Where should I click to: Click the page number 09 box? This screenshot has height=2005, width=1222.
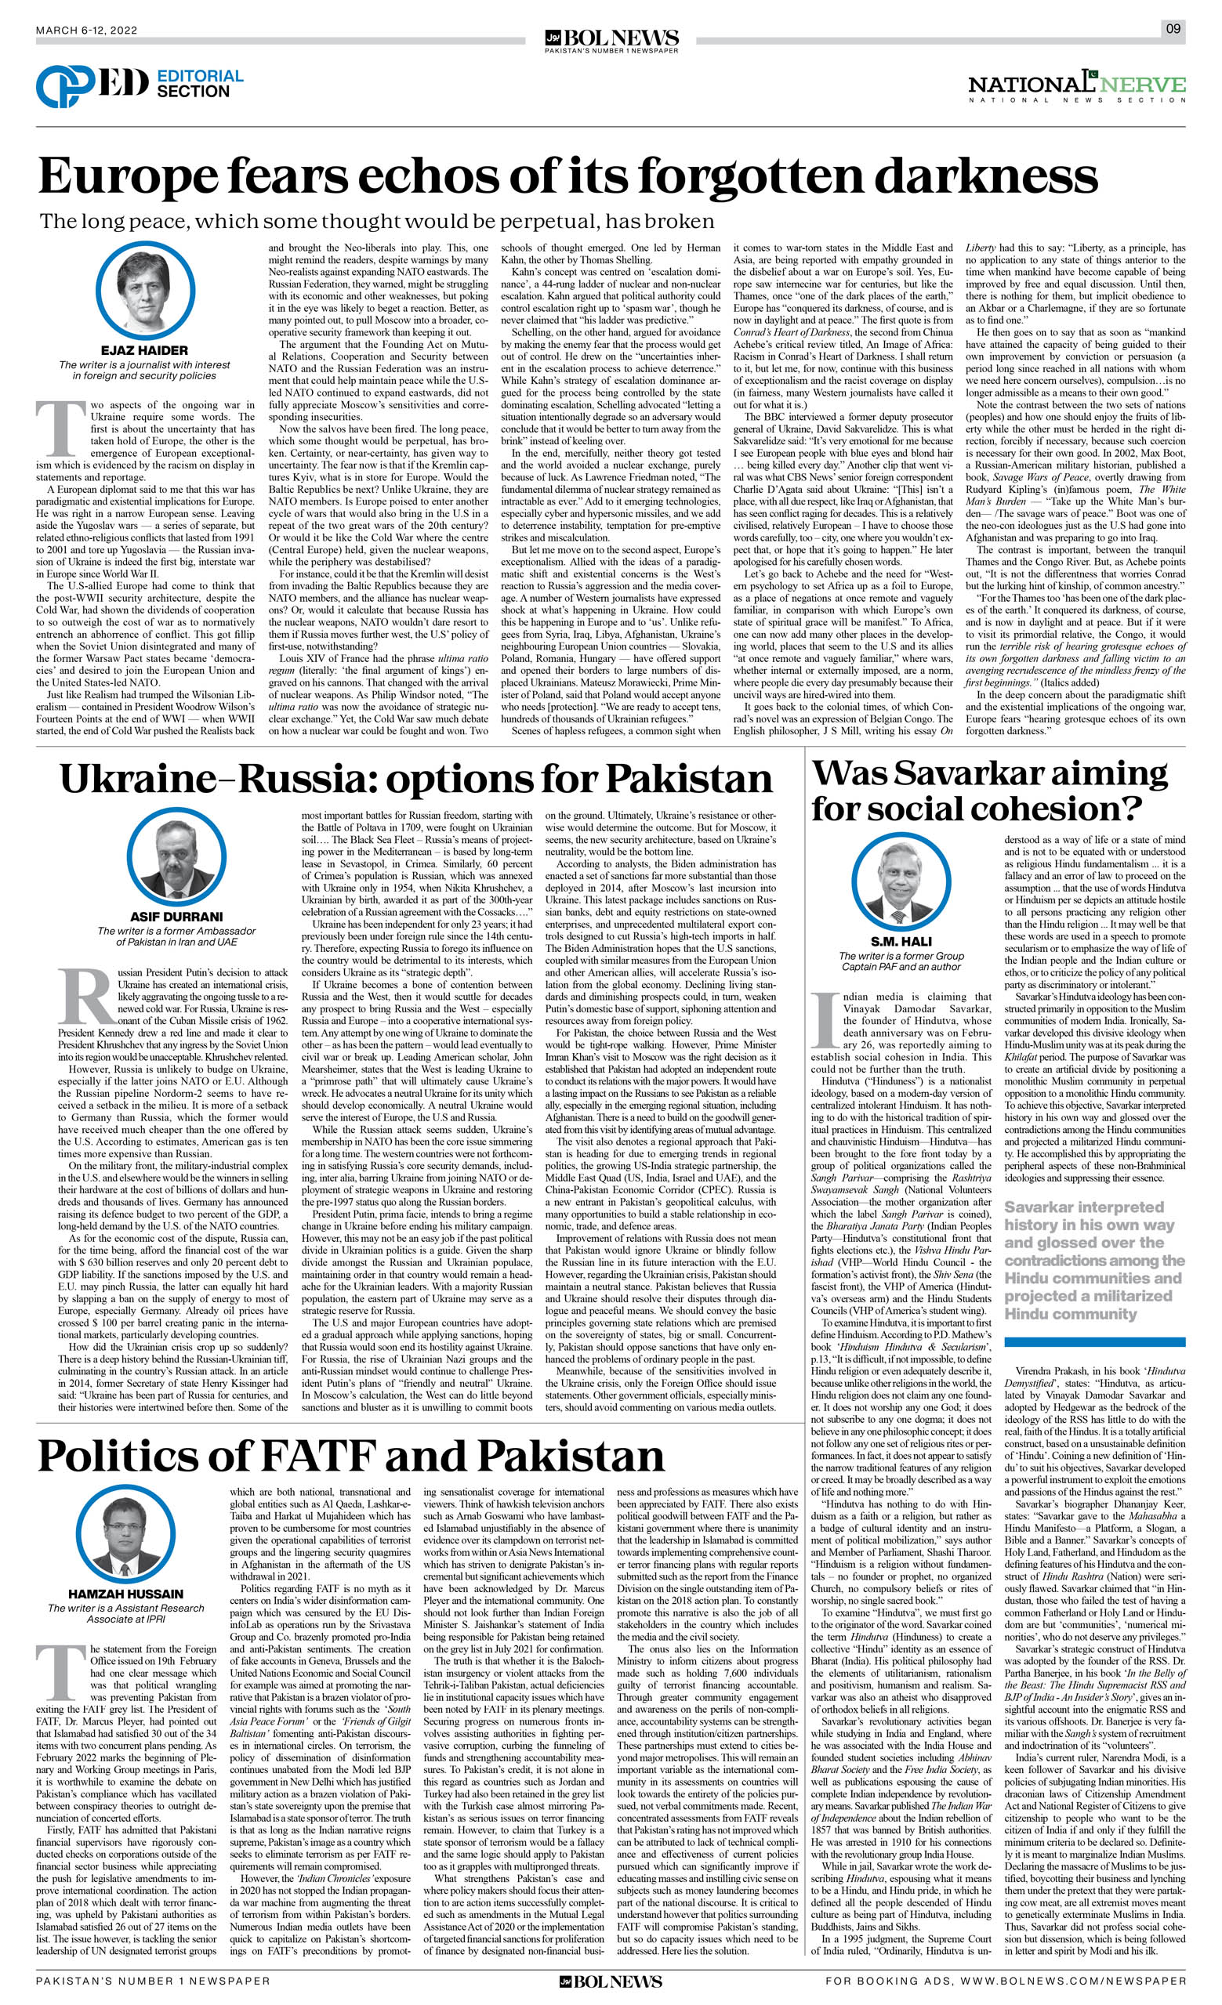point(1173,30)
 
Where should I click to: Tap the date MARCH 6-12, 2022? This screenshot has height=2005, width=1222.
point(87,31)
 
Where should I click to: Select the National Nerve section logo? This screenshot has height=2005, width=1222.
point(1076,87)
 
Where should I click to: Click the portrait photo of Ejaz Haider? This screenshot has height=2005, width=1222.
point(145,291)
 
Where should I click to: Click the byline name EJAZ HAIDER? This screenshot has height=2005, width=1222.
point(145,351)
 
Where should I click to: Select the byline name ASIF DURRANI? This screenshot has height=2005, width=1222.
point(176,916)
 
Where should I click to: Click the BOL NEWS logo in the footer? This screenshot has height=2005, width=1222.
point(611,1986)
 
